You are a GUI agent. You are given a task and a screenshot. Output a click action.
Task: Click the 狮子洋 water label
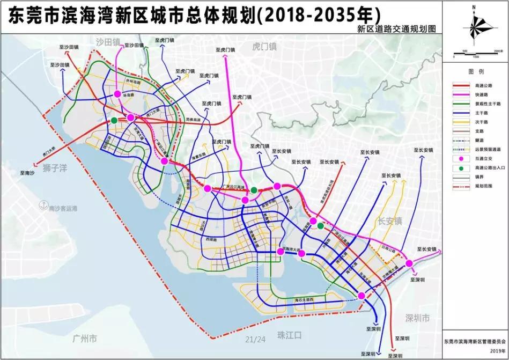[x=56, y=168]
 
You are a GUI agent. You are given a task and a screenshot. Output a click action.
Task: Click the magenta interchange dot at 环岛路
[x=117, y=94]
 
